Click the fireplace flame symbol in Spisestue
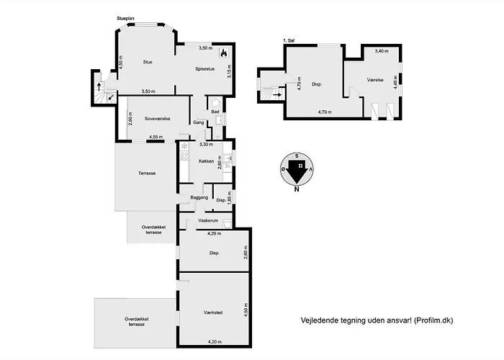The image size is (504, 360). click(223, 53)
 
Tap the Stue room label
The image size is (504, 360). click(148, 62)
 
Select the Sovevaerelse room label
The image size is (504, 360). click(157, 119)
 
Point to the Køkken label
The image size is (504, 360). click(206, 161)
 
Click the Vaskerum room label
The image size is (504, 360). click(208, 220)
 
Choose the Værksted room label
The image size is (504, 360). click(213, 312)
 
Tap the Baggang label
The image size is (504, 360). click(199, 198)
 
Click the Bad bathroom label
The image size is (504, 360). click(215, 112)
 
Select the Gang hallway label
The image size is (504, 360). click(198, 122)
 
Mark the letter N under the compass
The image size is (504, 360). click(297, 189)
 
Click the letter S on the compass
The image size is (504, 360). click(297, 156)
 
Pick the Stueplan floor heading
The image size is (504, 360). click(126, 19)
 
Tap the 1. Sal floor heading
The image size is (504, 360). click(289, 40)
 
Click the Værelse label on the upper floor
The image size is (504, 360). click(375, 80)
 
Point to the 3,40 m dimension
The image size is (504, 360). click(382, 51)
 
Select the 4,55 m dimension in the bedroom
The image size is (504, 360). click(156, 137)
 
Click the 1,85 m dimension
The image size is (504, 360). click(229, 197)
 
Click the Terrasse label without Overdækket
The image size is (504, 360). click(147, 174)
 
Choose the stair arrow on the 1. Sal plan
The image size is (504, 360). click(277, 95)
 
